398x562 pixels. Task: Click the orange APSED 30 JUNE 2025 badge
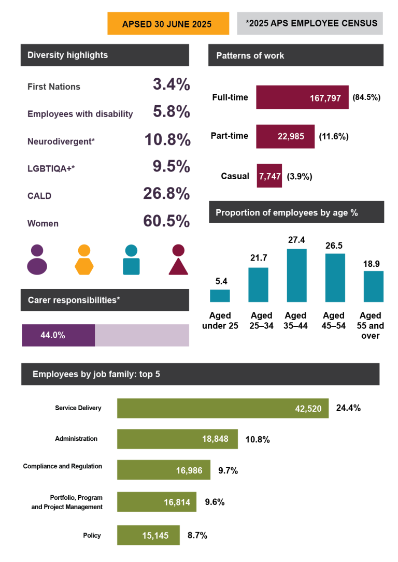pos(168,24)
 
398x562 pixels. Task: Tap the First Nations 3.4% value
pos(172,85)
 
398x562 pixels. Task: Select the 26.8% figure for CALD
pos(166,194)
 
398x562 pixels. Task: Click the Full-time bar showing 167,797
pos(302,97)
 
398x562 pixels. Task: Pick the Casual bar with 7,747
pos(269,176)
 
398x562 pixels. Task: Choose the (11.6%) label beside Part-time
pos(334,137)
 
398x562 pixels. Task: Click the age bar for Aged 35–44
pos(296,275)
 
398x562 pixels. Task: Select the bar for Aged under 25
pos(220,295)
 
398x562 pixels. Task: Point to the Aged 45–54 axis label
pos(334,320)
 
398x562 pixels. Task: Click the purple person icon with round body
pos(37,260)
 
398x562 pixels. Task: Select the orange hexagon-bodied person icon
pos(84,260)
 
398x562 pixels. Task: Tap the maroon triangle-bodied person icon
pos(178,260)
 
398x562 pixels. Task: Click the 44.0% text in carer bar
pos(53,335)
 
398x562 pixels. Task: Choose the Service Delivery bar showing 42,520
pos(223,408)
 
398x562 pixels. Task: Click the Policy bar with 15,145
pos(148,535)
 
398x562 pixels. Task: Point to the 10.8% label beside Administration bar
pos(257,439)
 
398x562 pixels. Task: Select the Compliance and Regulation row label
pos(63,466)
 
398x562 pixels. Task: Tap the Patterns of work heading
pos(250,55)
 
